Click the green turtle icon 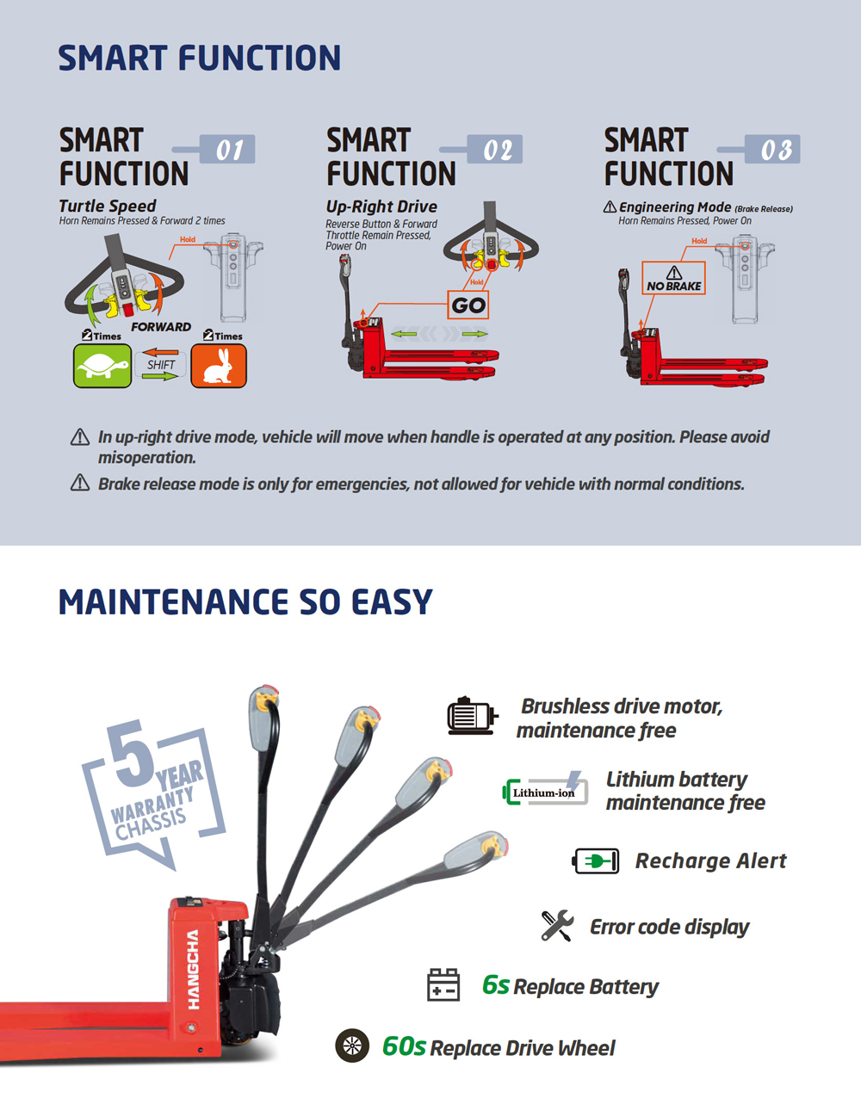click(x=102, y=366)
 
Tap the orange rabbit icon click(x=219, y=366)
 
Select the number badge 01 click(x=227, y=149)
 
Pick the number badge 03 click(x=772, y=149)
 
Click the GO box click(x=468, y=305)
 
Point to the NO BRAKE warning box click(x=673, y=278)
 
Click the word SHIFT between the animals click(x=161, y=365)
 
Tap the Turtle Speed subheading click(x=108, y=207)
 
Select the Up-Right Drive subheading click(x=381, y=207)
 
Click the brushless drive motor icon click(x=472, y=715)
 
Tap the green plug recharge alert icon click(x=596, y=861)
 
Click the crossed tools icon click(x=557, y=925)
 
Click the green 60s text click(x=404, y=1046)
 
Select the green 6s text click(x=495, y=984)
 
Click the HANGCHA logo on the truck click(x=193, y=970)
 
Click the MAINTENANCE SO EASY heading click(x=245, y=601)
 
